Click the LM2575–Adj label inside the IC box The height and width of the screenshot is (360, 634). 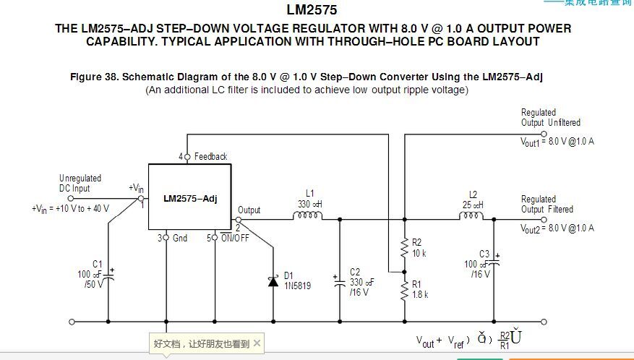189,198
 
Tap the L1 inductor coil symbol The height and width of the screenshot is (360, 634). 310,215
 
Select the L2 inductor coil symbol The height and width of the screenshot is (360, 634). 473,215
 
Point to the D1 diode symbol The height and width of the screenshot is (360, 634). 273,281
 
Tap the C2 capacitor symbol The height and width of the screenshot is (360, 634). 340,284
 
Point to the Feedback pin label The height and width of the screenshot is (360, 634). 210,157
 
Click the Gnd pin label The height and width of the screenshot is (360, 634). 180,238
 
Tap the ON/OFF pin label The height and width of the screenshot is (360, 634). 234,238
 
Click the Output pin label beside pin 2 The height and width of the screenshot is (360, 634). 249,210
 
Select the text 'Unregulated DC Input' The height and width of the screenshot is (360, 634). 80,183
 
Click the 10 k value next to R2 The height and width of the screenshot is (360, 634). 419,253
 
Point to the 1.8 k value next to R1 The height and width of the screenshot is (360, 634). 421,294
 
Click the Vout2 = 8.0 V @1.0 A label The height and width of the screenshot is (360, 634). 557,228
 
